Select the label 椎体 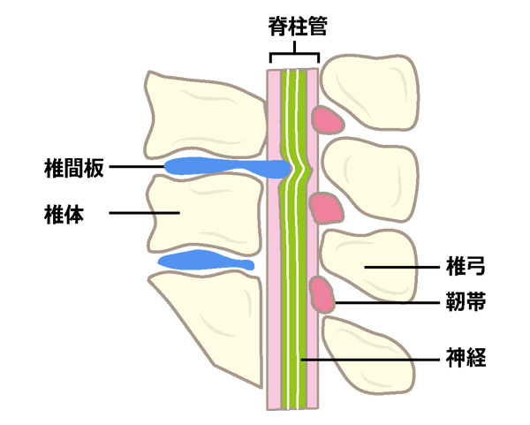tap(64, 213)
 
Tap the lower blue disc tap(201, 261)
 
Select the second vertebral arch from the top tap(371, 180)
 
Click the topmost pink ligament tap(329, 119)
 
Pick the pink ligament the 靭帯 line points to tap(322, 295)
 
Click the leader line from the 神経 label tap(371, 359)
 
